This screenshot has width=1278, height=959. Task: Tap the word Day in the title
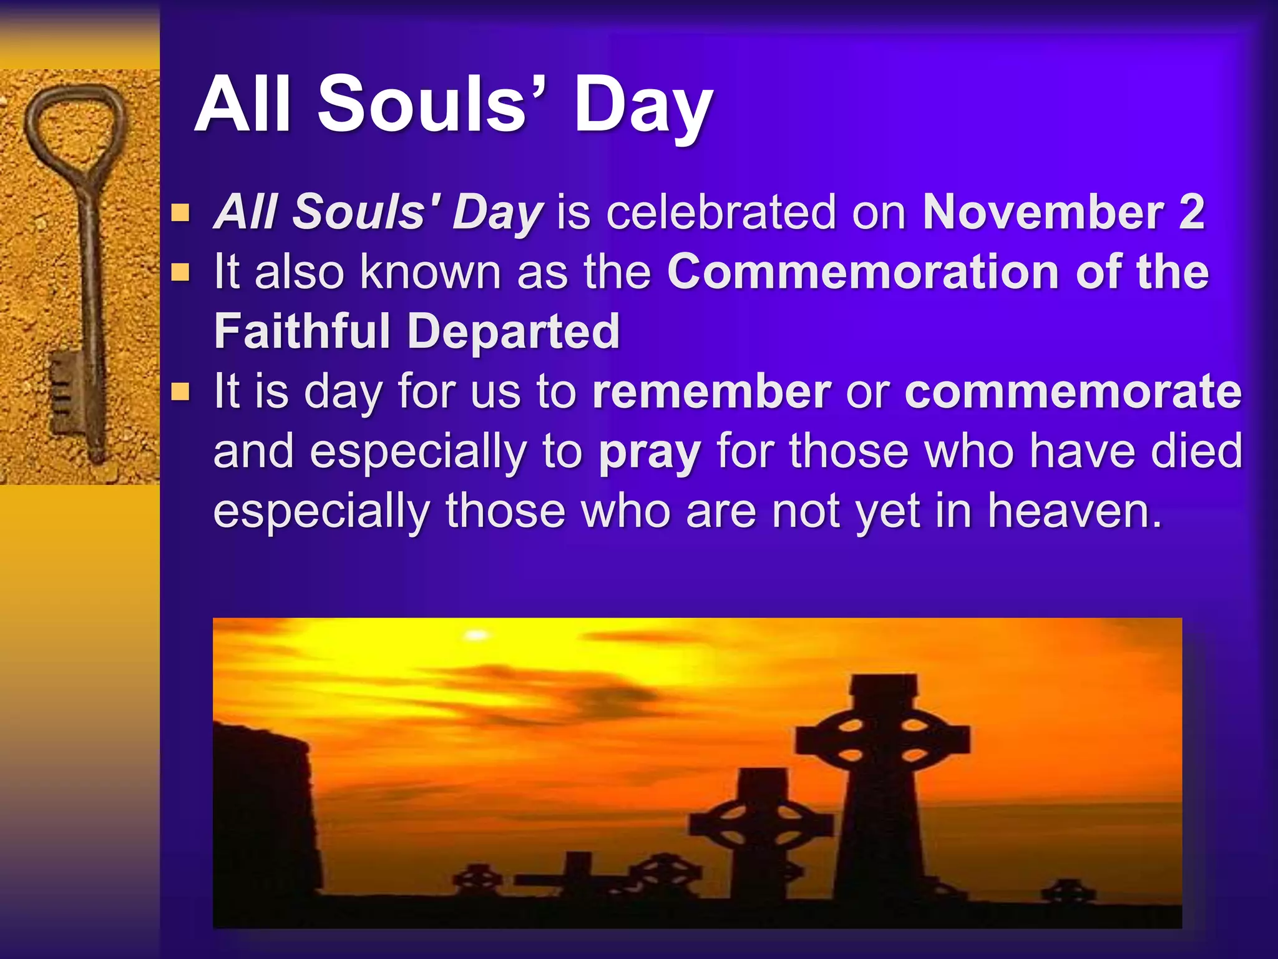pos(643,106)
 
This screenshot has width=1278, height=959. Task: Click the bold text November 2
pos(1063,212)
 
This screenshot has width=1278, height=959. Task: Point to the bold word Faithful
pos(302,331)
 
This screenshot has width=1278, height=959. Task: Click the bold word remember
pos(711,392)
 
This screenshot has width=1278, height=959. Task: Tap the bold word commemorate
pos(1073,392)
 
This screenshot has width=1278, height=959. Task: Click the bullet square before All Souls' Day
pos(180,214)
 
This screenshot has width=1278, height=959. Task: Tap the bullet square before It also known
pos(180,273)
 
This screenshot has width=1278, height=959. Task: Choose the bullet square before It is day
pos(180,392)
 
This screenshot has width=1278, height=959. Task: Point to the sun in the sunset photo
pos(477,635)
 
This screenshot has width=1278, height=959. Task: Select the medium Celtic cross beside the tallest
pos(761,824)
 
